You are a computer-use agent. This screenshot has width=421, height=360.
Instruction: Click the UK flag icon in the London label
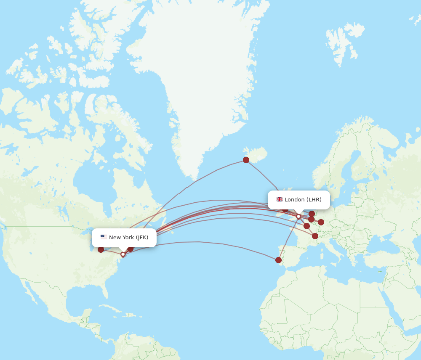(x=280, y=199)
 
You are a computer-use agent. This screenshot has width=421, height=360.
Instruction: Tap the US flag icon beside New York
(x=104, y=237)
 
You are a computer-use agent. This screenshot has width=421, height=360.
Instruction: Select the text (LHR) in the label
(x=314, y=199)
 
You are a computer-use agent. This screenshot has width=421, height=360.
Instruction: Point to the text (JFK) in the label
(x=142, y=237)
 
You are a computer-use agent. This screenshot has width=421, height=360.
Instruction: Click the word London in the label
(x=294, y=199)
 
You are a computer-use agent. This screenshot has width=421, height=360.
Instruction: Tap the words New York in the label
(x=121, y=237)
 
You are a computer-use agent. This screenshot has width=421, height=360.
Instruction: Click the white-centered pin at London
(x=298, y=217)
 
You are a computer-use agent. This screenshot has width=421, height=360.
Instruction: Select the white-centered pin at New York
(x=123, y=254)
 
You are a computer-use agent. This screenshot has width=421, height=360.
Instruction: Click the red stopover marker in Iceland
(x=246, y=160)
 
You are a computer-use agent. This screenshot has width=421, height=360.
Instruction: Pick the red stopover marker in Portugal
(x=278, y=260)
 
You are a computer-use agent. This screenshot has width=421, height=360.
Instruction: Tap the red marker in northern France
(x=306, y=226)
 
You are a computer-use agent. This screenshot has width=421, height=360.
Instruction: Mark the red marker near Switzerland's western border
(x=315, y=236)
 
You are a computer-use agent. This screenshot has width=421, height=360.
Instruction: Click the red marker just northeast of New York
(x=130, y=249)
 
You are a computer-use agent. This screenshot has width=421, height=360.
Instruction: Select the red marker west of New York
(x=101, y=249)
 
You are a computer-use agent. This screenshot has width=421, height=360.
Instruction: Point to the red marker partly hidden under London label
(x=285, y=209)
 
